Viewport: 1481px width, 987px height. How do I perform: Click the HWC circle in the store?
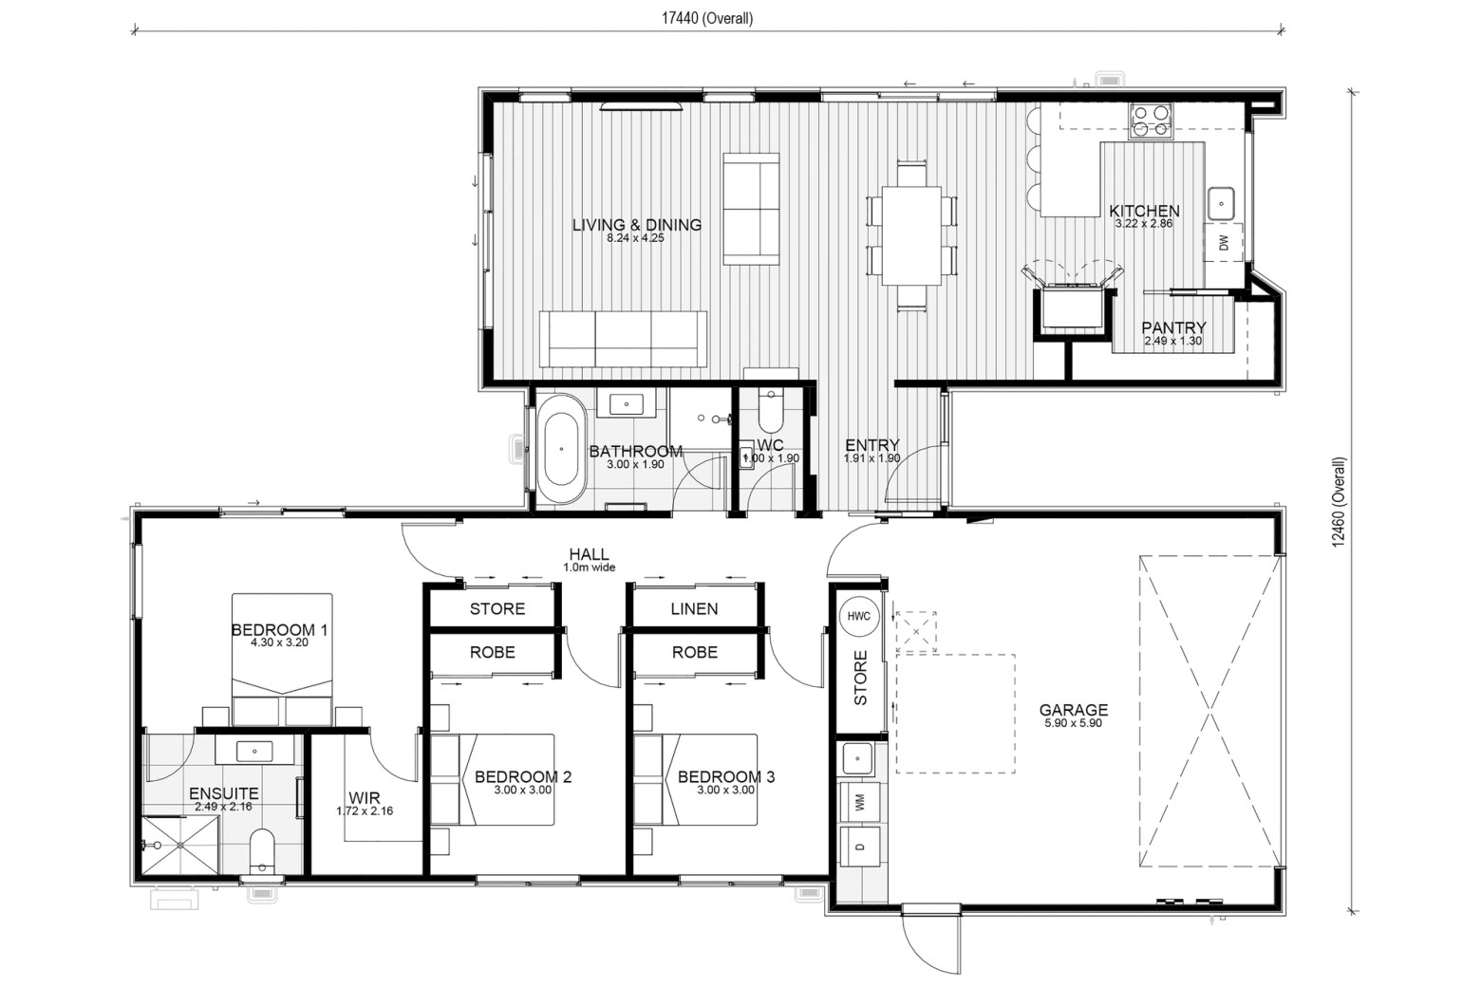[x=859, y=616]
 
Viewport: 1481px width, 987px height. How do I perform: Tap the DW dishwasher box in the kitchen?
[x=1223, y=243]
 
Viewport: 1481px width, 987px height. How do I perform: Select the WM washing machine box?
[x=859, y=802]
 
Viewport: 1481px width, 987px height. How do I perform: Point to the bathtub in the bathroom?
[x=561, y=450]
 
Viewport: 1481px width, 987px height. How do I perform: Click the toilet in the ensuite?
[x=262, y=851]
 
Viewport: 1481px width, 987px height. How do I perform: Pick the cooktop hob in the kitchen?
[x=1151, y=121]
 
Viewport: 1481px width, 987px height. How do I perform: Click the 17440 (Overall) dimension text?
[x=707, y=19]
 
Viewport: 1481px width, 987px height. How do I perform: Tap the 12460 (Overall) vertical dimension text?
[x=1339, y=502]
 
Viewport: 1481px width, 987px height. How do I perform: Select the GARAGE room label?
[x=1073, y=709]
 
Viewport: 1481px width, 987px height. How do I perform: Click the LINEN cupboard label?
[x=694, y=608]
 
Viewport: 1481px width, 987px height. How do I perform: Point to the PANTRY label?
[x=1173, y=327]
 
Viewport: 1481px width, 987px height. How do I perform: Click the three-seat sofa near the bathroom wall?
[x=623, y=339]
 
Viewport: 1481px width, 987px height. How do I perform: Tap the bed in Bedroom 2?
[x=493, y=779]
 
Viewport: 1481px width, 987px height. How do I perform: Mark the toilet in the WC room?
[x=771, y=409]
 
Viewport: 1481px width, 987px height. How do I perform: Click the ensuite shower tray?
[x=179, y=846]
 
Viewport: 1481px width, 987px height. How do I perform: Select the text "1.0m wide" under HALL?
[x=590, y=568]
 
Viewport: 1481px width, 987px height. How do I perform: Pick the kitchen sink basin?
[x=1222, y=203]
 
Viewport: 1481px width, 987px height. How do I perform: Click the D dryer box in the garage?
[x=859, y=847]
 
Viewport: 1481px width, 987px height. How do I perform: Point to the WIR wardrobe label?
[x=365, y=798]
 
